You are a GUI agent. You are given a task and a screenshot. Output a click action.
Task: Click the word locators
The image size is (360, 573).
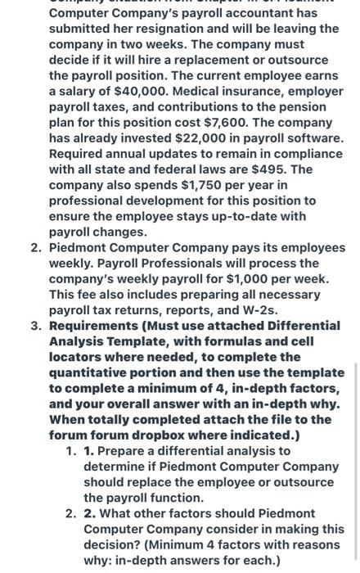pos(78,357)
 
